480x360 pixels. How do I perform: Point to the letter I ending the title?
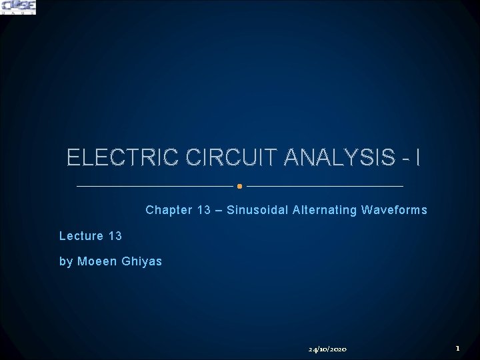coord(417,159)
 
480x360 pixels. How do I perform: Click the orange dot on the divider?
coord(240,186)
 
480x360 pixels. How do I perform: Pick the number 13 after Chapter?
coord(204,211)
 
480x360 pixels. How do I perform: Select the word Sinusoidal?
coord(256,211)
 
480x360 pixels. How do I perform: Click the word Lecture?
coord(81,236)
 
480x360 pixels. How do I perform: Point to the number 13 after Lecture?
coord(115,236)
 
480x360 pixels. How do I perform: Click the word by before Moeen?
coord(66,261)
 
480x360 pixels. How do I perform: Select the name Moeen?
coord(97,261)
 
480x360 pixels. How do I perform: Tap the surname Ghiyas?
coord(142,261)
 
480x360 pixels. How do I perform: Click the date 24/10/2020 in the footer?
coord(327,349)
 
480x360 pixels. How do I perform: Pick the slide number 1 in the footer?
coord(457,348)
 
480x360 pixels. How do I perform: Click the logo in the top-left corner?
coord(19,7)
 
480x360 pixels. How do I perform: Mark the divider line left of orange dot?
coord(155,186)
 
